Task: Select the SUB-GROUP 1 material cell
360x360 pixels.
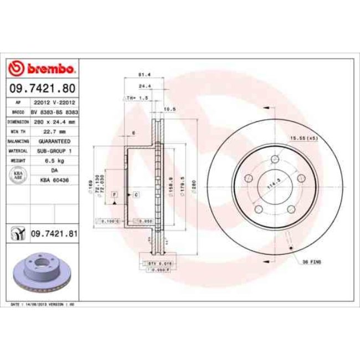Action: point(54,150)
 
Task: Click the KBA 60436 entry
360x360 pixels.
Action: point(54,180)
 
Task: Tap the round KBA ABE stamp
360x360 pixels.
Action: point(18,175)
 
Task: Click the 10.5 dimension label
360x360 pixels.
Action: point(170,109)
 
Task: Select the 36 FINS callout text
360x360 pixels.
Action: point(311,260)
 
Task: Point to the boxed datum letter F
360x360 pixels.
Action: point(114,195)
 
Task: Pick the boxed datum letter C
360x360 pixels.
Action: point(136,195)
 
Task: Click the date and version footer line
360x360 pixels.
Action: point(43,305)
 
